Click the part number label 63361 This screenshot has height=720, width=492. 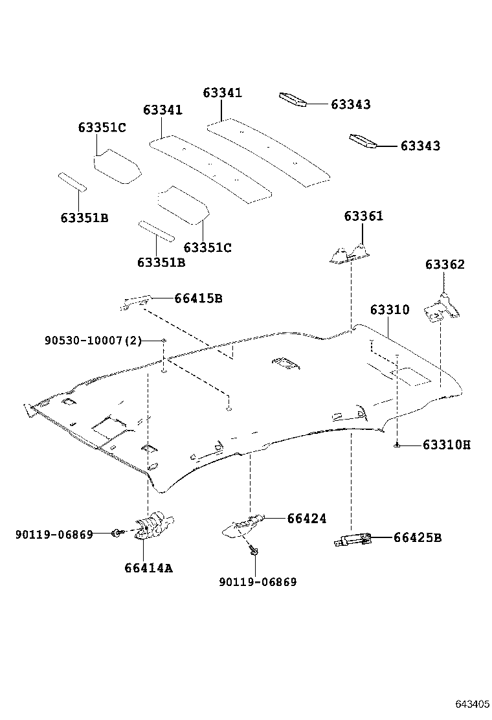(363, 216)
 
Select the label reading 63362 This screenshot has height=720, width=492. (445, 264)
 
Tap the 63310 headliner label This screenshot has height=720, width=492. (390, 309)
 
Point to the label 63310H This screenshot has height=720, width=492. (447, 445)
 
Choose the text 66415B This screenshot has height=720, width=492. (198, 298)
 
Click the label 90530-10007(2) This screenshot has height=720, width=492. (93, 340)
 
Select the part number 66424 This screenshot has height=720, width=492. (307, 518)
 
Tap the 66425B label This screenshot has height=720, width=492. (417, 537)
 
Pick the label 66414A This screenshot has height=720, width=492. (149, 568)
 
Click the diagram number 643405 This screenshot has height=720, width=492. (471, 704)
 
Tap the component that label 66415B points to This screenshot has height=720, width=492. (136, 301)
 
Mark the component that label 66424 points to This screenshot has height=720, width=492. (243, 524)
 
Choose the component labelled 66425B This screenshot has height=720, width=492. (352, 539)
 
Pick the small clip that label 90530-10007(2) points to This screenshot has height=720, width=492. (164, 341)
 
